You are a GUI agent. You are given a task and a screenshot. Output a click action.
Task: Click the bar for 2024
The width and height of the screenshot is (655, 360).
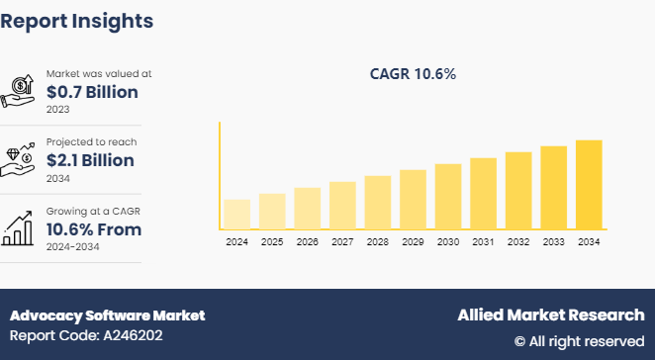click(236, 215)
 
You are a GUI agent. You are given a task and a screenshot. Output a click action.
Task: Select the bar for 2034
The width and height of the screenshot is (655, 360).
click(589, 185)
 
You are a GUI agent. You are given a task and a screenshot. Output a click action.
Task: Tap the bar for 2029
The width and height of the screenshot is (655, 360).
click(413, 200)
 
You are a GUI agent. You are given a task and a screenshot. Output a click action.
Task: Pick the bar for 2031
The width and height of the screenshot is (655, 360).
click(483, 194)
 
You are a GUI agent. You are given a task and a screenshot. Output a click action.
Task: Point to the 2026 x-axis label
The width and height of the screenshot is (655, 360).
click(308, 242)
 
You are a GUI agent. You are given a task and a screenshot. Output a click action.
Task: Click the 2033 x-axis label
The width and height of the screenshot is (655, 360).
click(553, 242)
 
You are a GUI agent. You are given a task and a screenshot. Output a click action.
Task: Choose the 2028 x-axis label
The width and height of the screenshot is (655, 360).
click(378, 242)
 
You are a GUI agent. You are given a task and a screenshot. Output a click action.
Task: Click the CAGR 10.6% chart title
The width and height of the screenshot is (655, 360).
click(413, 74)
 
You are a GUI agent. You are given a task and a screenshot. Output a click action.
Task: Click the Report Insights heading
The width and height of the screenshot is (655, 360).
click(77, 20)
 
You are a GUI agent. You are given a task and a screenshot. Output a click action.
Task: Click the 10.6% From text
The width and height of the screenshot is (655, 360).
click(94, 229)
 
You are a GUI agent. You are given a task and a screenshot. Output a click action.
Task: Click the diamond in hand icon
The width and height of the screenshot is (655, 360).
click(20, 160)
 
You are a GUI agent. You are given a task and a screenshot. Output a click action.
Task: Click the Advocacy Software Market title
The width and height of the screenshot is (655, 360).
click(108, 315)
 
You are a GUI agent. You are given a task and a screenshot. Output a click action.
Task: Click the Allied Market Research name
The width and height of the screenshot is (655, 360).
click(550, 315)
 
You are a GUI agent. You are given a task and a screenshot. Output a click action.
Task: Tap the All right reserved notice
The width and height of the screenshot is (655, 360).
click(579, 341)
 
